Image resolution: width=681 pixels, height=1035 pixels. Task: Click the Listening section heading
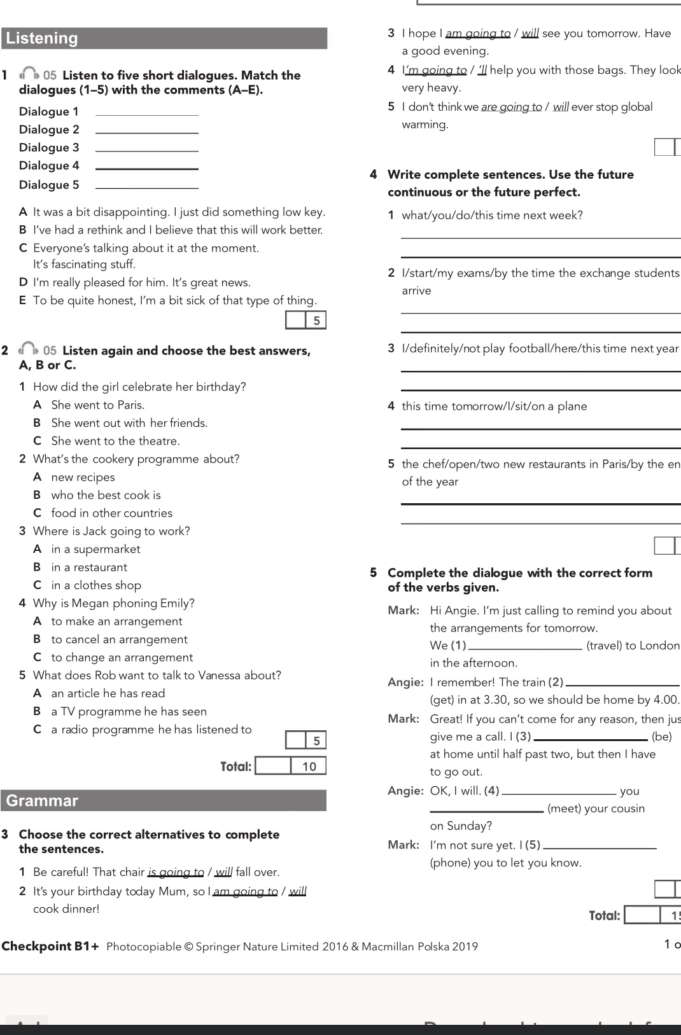point(42,38)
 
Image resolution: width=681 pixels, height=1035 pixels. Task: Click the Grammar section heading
point(42,800)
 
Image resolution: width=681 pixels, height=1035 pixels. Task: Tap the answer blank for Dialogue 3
point(146,148)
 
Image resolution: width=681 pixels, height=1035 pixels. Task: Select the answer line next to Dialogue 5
point(146,185)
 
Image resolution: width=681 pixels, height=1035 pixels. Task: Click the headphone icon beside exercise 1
point(29,75)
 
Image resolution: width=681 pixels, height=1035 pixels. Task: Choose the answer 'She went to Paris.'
point(97,405)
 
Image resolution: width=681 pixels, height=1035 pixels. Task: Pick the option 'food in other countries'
point(111,513)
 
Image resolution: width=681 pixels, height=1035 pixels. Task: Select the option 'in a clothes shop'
point(96,585)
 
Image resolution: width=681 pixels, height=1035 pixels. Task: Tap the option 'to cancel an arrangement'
point(119,639)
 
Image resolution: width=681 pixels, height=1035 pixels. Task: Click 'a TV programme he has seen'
point(129,712)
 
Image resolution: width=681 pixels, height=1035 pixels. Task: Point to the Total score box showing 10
point(291,766)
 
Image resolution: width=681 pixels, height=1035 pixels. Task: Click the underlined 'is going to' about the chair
point(176,872)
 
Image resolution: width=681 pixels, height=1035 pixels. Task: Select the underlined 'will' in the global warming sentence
point(561,107)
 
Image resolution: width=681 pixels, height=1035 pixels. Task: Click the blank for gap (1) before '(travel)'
point(524,646)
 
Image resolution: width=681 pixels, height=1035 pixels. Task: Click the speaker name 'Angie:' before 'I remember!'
point(405,683)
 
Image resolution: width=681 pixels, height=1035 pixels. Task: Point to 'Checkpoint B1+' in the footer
point(51,946)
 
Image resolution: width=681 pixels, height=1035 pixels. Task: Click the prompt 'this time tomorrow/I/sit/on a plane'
point(494,406)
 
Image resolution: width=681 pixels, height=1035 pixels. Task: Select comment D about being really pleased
point(141,282)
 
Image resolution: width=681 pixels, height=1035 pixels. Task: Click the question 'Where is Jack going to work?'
point(111,531)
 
